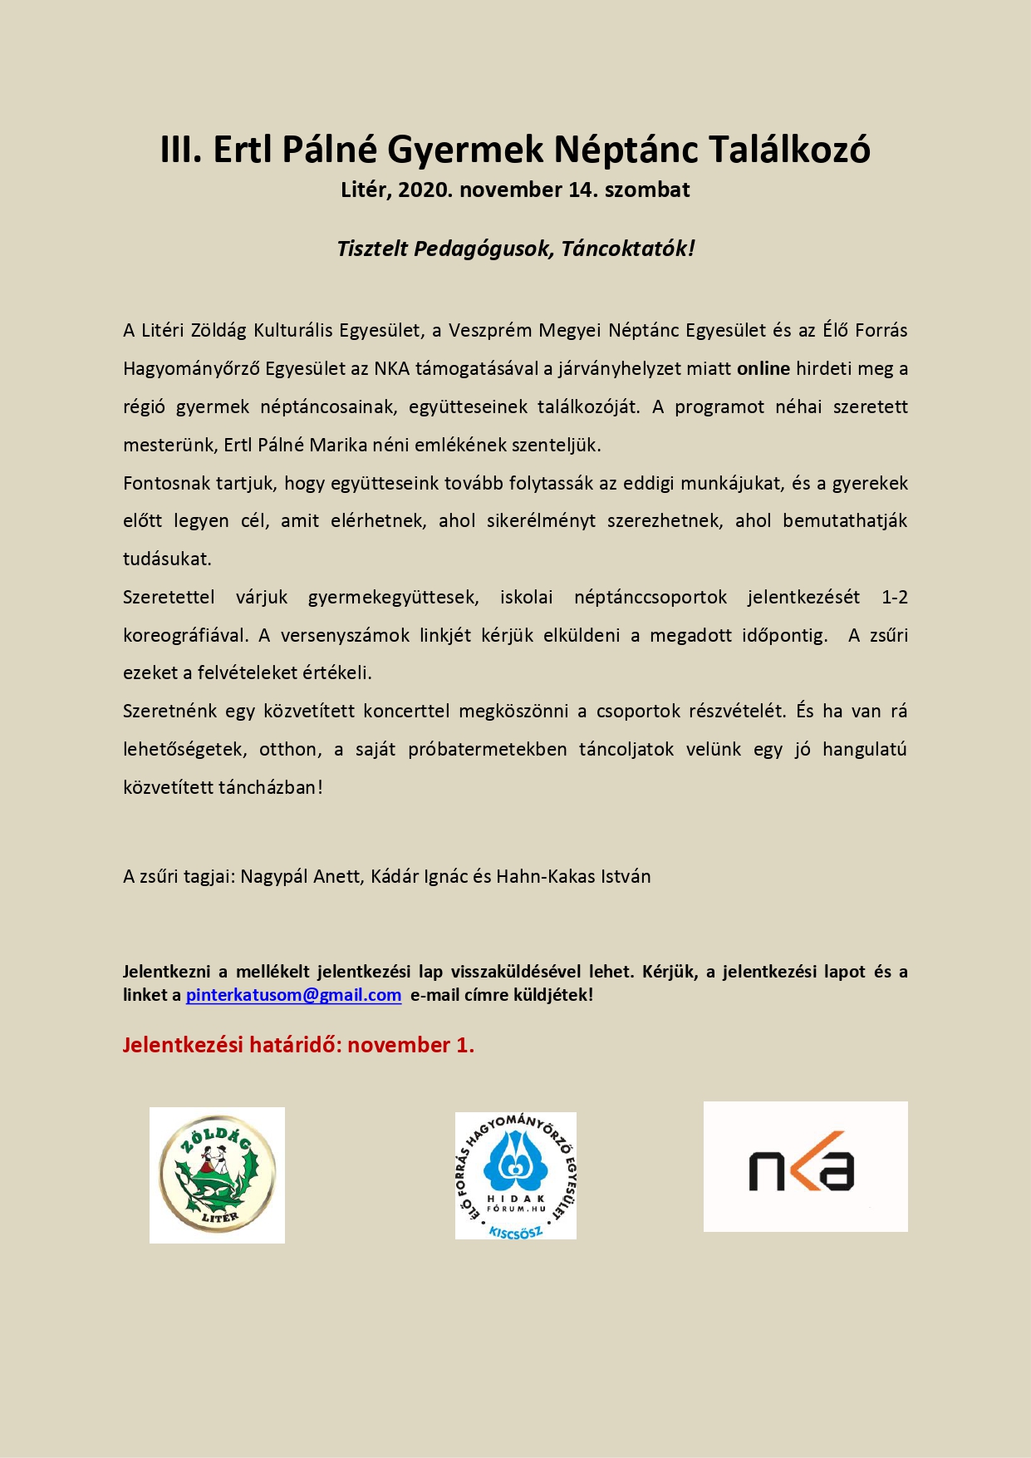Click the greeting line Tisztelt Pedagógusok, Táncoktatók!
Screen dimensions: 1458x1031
tap(515, 249)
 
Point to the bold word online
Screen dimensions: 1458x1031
tap(763, 368)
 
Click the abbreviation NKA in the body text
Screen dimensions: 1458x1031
tap(392, 368)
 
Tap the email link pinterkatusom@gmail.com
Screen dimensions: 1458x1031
tap(293, 995)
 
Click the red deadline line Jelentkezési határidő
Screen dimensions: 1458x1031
tap(298, 1045)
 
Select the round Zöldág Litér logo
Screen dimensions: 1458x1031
tap(217, 1175)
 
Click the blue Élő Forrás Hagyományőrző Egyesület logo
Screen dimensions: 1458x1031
tap(515, 1175)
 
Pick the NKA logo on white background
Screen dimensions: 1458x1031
tap(805, 1165)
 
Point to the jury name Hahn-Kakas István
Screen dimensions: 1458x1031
tap(573, 876)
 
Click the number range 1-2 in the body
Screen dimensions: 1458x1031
tap(894, 597)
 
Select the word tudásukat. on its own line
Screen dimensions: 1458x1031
tap(167, 559)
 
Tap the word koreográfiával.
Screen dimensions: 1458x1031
tap(185, 635)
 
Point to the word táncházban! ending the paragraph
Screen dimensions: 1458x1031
tap(269, 787)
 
